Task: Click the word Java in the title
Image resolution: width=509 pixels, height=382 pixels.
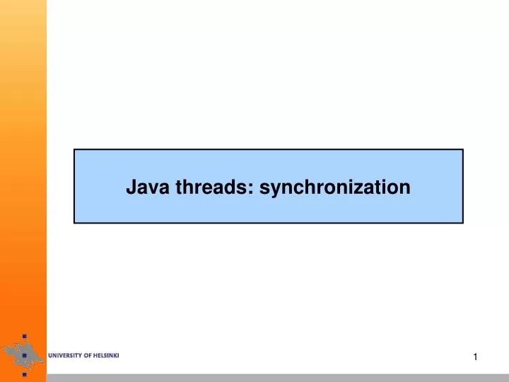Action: coord(144,187)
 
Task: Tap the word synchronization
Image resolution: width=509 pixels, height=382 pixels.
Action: coord(335,187)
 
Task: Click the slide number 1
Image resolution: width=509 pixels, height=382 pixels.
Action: coord(476,357)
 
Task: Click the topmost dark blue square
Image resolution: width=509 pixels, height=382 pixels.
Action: coord(24,336)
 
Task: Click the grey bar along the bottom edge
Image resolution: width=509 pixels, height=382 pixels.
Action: coord(283,377)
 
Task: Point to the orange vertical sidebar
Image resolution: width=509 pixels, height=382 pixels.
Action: coord(23,177)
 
